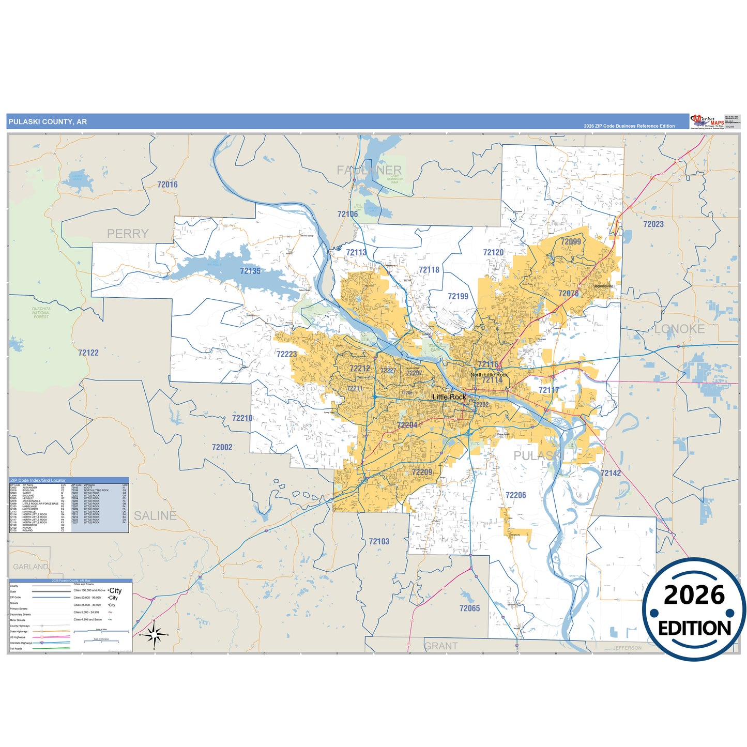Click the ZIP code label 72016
(167, 185)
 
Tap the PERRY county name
(128, 234)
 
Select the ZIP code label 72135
(250, 271)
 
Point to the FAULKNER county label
(369, 170)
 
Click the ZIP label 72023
(653, 224)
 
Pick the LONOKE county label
(679, 329)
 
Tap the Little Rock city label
(449, 397)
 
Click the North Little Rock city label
(489, 375)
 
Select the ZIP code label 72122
(88, 353)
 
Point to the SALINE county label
(155, 515)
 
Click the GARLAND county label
(31, 567)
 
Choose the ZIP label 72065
(470, 608)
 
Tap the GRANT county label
(441, 646)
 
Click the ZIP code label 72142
(611, 473)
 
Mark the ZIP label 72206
(515, 495)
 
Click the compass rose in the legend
(155, 634)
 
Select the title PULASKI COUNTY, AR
(48, 122)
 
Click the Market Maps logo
(707, 122)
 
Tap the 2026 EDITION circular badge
(694, 610)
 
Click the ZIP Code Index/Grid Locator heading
(38, 480)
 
